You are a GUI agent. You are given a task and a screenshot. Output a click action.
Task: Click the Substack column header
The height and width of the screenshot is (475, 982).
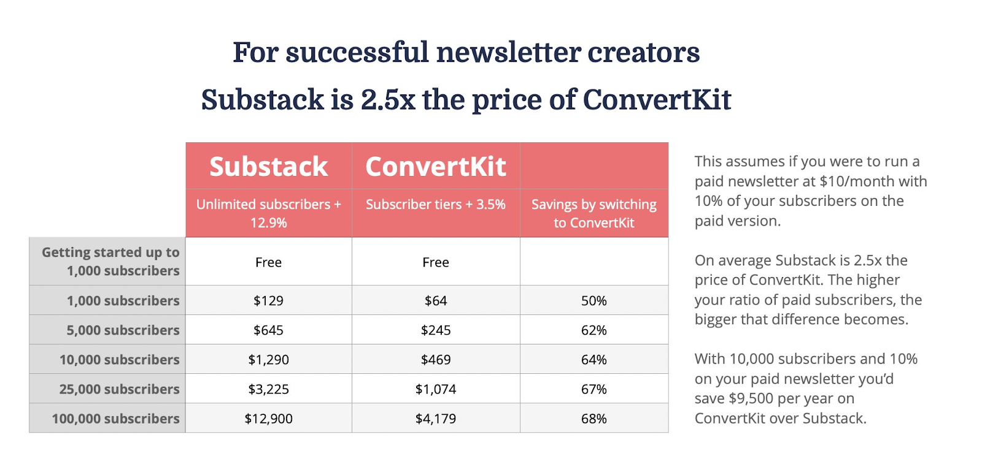click(269, 167)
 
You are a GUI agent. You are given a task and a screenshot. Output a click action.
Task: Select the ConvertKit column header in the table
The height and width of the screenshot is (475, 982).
click(436, 167)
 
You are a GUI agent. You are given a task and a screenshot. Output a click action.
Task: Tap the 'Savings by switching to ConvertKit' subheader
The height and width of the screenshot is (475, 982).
click(593, 213)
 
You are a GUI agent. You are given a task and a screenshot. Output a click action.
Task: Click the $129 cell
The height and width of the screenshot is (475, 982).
click(269, 300)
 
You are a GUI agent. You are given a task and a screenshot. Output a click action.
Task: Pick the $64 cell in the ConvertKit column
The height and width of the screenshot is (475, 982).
click(436, 300)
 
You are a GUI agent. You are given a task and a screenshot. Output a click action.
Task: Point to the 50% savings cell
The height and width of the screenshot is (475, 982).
click(593, 300)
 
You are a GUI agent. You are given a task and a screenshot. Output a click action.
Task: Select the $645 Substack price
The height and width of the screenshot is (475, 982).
click(269, 330)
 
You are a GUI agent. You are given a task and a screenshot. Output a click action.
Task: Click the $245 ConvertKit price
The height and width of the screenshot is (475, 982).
click(436, 330)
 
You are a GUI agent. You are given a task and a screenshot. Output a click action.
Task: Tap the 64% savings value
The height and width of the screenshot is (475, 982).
click(593, 360)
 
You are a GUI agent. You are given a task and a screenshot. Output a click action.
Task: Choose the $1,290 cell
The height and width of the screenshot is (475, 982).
click(269, 360)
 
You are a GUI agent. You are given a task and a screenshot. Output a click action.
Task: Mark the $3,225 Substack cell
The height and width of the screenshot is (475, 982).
click(269, 389)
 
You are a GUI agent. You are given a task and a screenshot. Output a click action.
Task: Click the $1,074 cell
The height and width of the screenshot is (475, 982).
click(436, 389)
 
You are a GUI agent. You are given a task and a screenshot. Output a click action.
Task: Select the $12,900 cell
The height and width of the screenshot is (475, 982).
click(269, 419)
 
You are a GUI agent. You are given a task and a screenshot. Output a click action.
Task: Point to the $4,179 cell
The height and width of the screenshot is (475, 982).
click(436, 419)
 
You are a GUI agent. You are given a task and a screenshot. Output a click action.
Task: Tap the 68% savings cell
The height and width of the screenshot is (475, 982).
click(593, 419)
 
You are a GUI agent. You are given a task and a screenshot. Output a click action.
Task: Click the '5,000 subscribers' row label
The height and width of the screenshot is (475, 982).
click(123, 330)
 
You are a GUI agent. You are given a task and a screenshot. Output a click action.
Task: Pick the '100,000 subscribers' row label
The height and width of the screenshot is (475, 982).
click(115, 419)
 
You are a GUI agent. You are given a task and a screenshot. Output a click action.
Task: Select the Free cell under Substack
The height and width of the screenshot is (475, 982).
click(269, 262)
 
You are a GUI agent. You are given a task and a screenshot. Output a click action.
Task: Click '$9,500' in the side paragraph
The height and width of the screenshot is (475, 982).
click(751, 398)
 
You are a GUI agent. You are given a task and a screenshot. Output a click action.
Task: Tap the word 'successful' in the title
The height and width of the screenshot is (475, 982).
click(357, 53)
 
